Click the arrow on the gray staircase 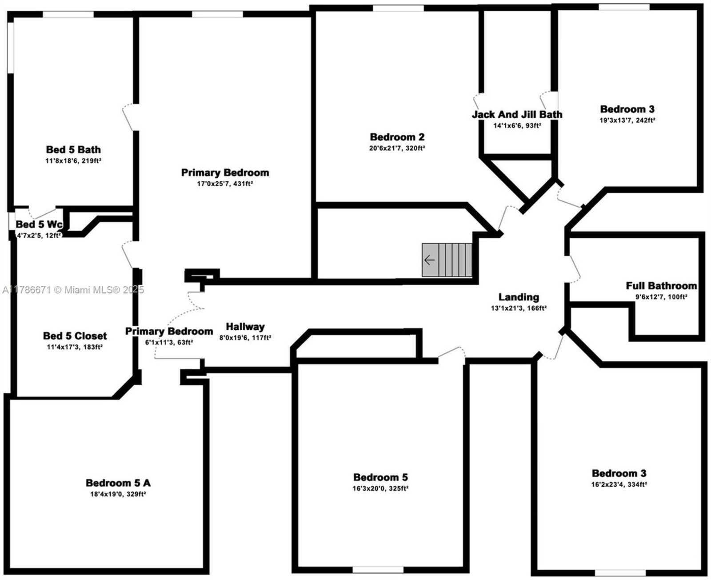tap(430, 260)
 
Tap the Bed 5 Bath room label tap(73, 149)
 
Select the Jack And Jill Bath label tap(517, 114)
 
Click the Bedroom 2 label tap(397, 137)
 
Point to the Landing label tap(519, 297)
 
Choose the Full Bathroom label tap(661, 286)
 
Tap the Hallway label tap(245, 327)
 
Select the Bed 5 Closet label tap(75, 336)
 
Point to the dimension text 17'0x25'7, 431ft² tap(225, 184)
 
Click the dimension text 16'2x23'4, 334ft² tap(619, 484)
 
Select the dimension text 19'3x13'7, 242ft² tap(627, 120)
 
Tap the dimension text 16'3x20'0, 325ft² tap(380, 488)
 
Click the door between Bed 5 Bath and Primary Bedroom tap(129, 117)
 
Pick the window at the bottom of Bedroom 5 tap(378, 569)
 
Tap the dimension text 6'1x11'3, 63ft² tap(169, 342)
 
